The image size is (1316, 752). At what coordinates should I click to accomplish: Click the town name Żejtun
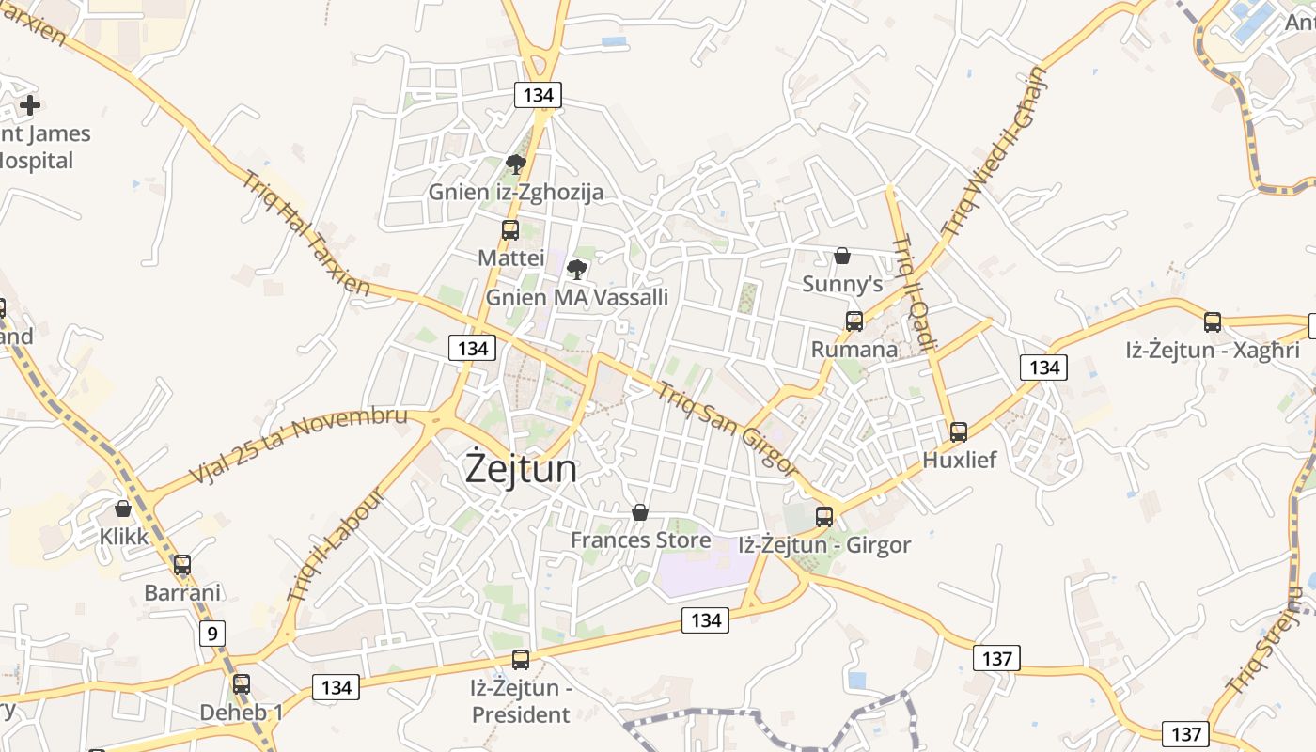[521, 469]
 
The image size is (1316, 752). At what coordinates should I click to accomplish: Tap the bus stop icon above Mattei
[510, 229]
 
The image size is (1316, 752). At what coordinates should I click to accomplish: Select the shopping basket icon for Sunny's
[842, 256]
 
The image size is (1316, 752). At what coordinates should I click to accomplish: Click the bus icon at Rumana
[854, 321]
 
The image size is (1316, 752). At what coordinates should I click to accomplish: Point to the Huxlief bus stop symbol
[959, 432]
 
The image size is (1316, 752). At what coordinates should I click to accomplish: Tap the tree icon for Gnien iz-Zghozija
[515, 164]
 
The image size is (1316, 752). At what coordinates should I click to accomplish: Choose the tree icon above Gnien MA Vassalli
[577, 270]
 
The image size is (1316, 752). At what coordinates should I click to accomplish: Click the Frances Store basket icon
[640, 512]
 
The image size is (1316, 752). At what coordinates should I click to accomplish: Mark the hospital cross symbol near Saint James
[30, 105]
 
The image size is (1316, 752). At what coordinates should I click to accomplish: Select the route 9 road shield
[212, 634]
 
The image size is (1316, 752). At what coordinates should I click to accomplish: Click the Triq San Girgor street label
[728, 430]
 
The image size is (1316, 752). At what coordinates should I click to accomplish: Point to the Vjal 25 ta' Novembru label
[299, 446]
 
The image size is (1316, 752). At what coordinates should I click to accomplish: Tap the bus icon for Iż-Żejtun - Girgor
[824, 516]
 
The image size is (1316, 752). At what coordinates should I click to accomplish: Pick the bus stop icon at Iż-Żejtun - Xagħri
[1213, 322]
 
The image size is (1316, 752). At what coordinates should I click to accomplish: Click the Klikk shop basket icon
[122, 509]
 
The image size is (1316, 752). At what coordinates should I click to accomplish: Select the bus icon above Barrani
[182, 565]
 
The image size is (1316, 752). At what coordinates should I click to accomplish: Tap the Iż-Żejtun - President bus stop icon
[521, 660]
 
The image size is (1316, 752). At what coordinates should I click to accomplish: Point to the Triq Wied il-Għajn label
[994, 152]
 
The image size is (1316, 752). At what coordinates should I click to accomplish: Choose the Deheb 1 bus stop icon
[242, 684]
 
